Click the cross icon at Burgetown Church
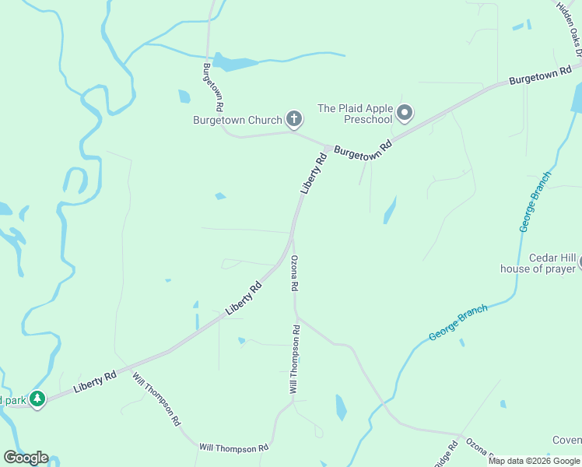click(293, 119)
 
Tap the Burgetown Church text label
click(238, 120)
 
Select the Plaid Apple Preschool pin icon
click(404, 114)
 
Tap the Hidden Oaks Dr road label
click(570, 28)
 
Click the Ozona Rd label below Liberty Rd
click(295, 273)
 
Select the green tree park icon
click(37, 399)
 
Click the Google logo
click(26, 458)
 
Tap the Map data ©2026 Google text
click(534, 461)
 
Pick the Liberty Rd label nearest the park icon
click(95, 381)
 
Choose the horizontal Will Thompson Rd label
click(233, 448)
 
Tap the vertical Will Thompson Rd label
click(296, 360)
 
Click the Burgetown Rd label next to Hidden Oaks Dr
click(540, 75)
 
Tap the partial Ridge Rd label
click(444, 454)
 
